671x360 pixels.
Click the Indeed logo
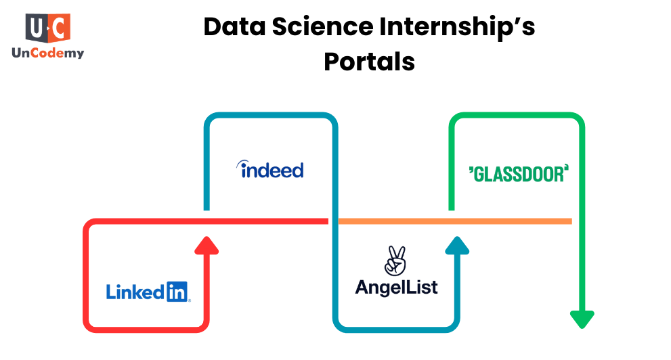tap(269, 169)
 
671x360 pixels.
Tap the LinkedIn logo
tap(148, 291)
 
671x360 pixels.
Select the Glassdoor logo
tap(517, 173)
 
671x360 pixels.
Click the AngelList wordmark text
tap(396, 287)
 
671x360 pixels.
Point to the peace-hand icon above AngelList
tap(395, 261)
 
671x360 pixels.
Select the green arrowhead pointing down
tap(582, 318)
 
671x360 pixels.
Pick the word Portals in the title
tap(369, 62)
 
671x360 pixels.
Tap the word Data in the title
tap(232, 28)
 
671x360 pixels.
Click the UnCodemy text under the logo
tap(47, 53)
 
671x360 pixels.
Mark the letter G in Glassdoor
tap(479, 174)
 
